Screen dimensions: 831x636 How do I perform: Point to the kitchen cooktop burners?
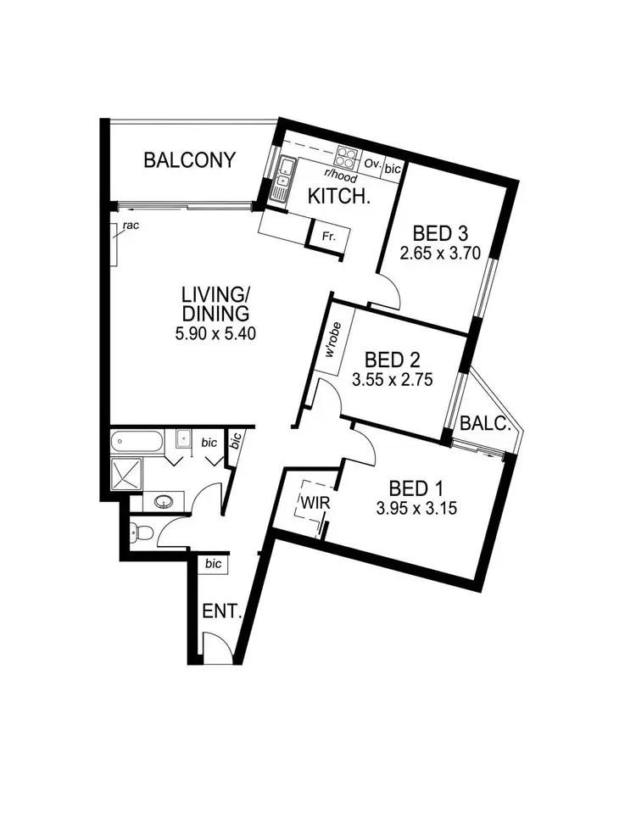[347, 158]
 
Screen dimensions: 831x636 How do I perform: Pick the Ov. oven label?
[371, 163]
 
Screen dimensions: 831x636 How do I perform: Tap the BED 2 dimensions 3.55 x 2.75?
[393, 381]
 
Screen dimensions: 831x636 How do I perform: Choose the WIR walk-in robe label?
[307, 505]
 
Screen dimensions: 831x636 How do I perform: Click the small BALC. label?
[485, 424]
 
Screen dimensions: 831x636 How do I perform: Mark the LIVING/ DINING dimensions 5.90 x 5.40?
[215, 333]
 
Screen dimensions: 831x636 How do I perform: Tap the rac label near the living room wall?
[130, 226]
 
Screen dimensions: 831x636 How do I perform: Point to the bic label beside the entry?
[213, 563]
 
